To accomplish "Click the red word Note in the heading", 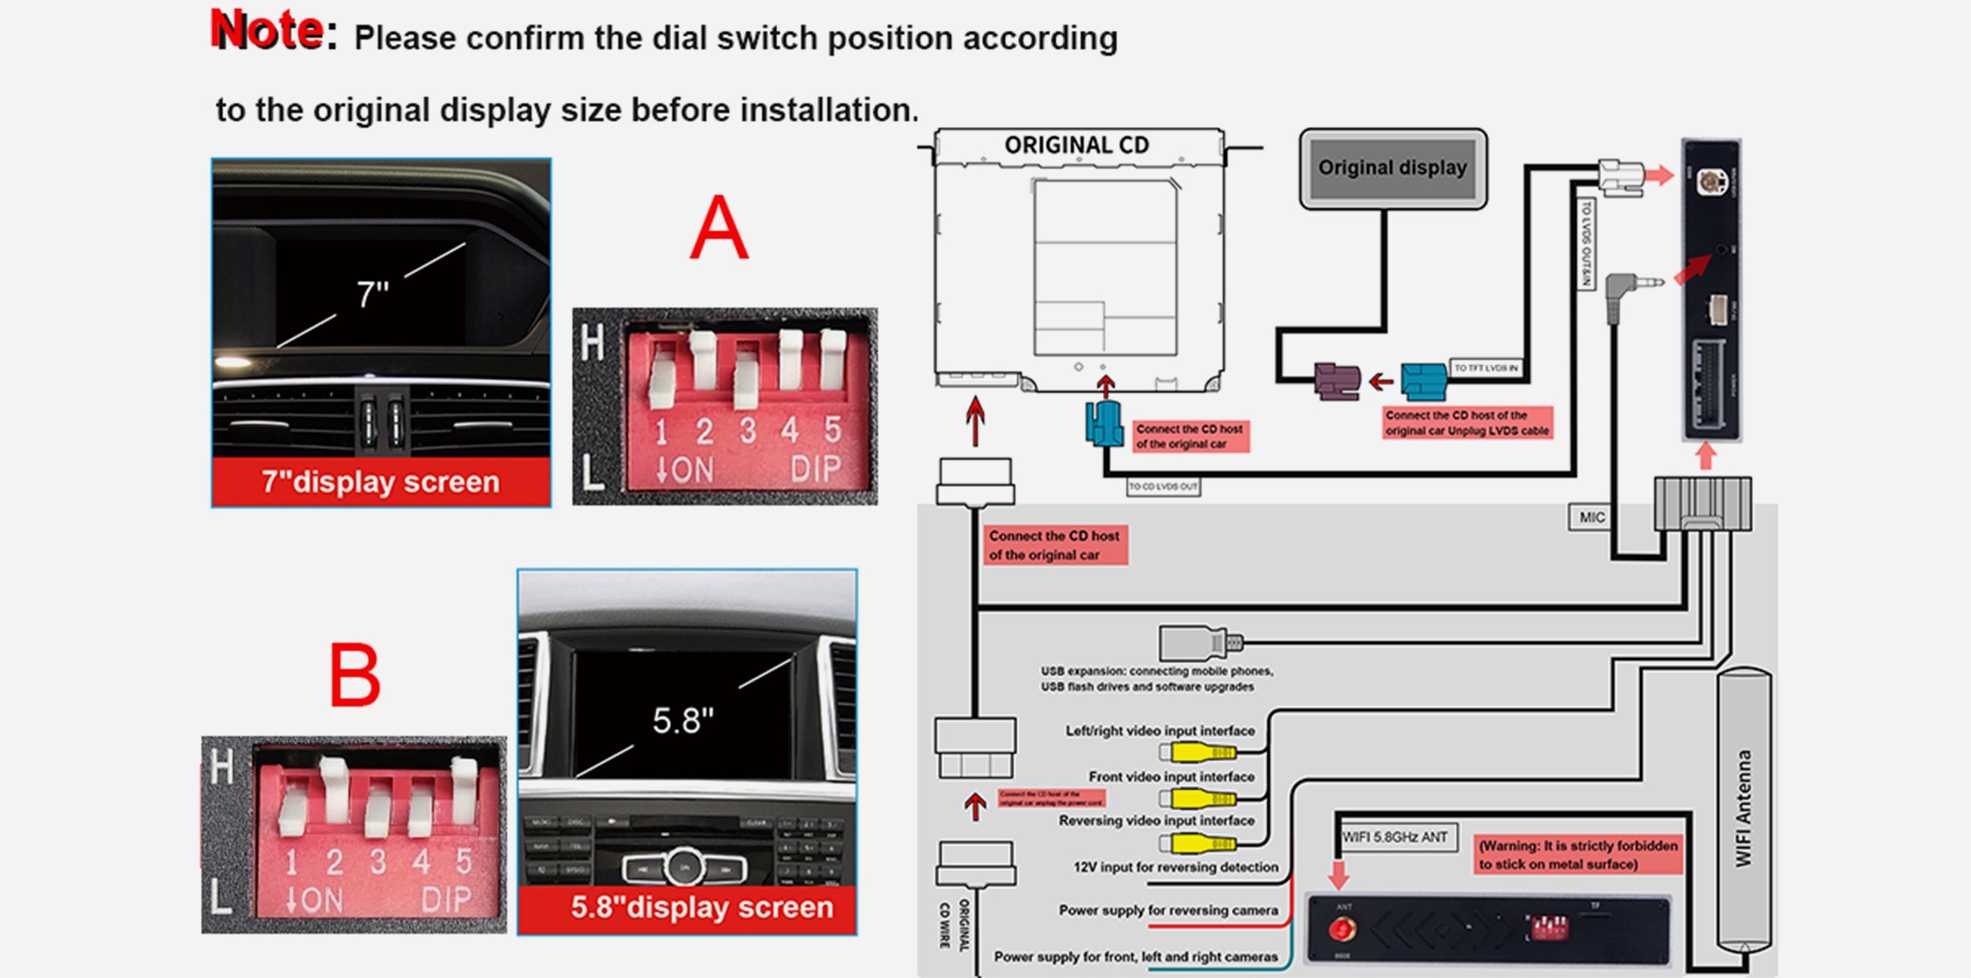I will tap(267, 32).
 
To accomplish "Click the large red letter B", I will tap(354, 675).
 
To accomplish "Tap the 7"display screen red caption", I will tap(380, 482).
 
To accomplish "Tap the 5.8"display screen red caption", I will tap(702, 907).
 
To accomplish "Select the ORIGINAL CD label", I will tap(1077, 144).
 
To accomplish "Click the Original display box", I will tap(1392, 169).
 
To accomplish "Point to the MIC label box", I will tap(1592, 518).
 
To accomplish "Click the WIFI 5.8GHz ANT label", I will tap(1395, 837).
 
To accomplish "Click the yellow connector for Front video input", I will tap(1203, 798).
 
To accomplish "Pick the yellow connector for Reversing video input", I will tap(1203, 843).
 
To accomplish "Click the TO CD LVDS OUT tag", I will tap(1163, 487).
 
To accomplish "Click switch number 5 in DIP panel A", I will tap(833, 360).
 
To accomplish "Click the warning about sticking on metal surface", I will tap(1578, 855).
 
